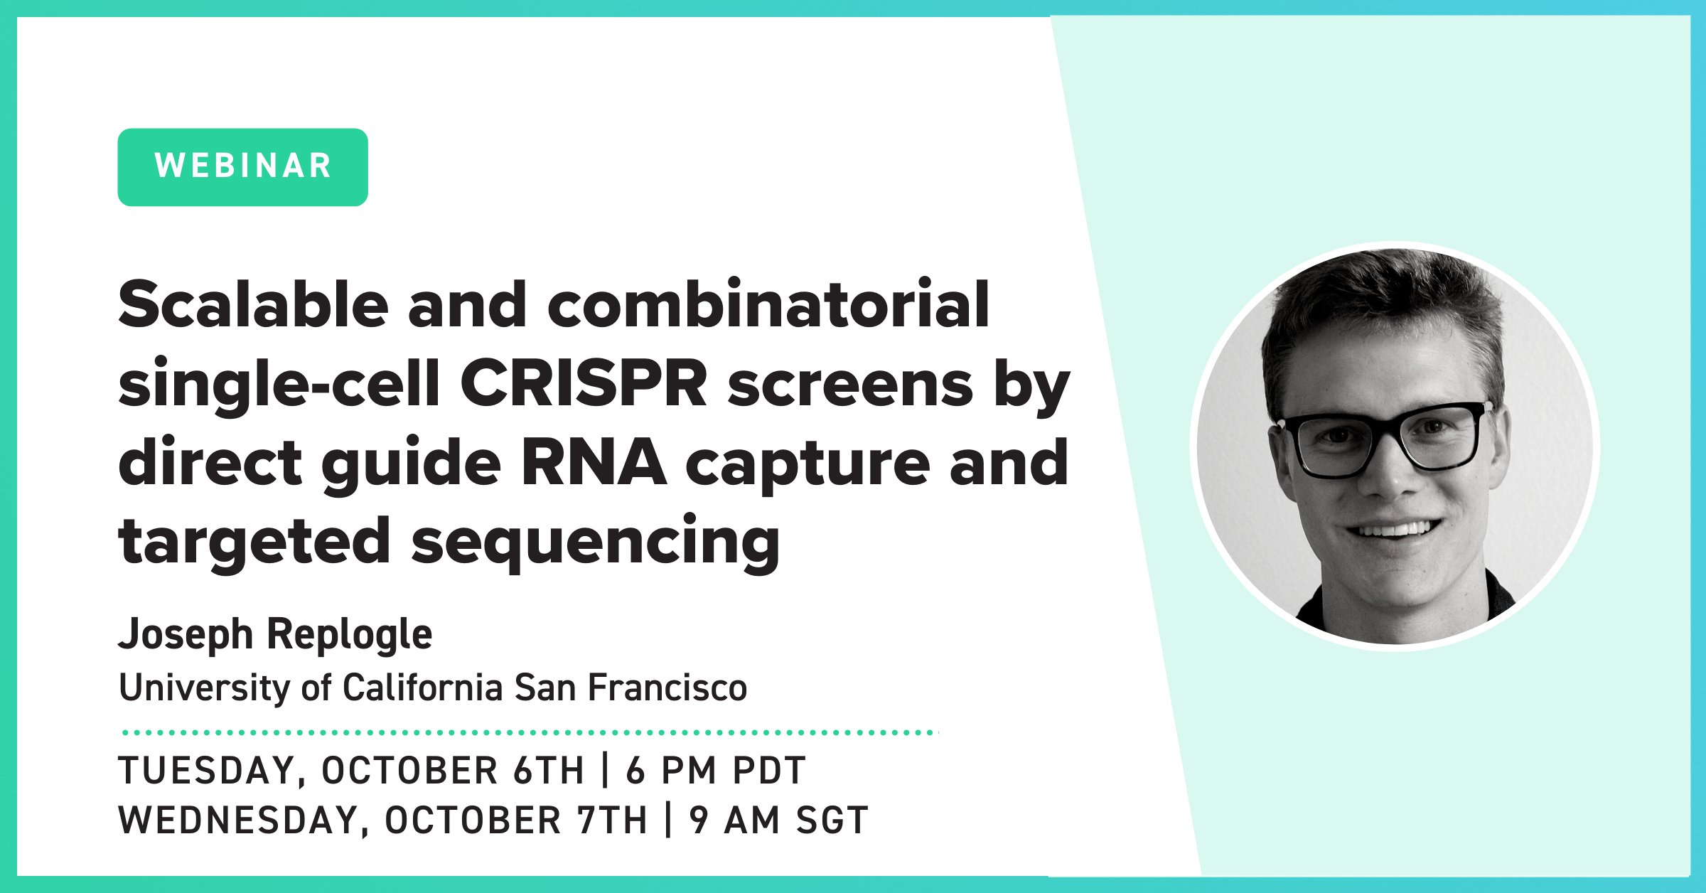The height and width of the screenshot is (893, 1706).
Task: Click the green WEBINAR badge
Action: pyautogui.click(x=242, y=167)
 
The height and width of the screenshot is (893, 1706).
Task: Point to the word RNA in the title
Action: pyautogui.click(x=594, y=463)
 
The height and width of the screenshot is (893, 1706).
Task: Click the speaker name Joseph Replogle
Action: pyautogui.click(x=275, y=634)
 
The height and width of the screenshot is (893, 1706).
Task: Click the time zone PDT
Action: pyautogui.click(x=769, y=771)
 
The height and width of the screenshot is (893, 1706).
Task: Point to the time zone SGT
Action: pyautogui.click(x=832, y=820)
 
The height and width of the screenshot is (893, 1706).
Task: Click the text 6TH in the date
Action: pyautogui.click(x=549, y=771)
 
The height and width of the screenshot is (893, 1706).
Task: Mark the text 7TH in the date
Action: pyautogui.click(x=612, y=820)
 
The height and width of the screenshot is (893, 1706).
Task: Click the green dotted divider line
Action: pyautogui.click(x=530, y=732)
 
